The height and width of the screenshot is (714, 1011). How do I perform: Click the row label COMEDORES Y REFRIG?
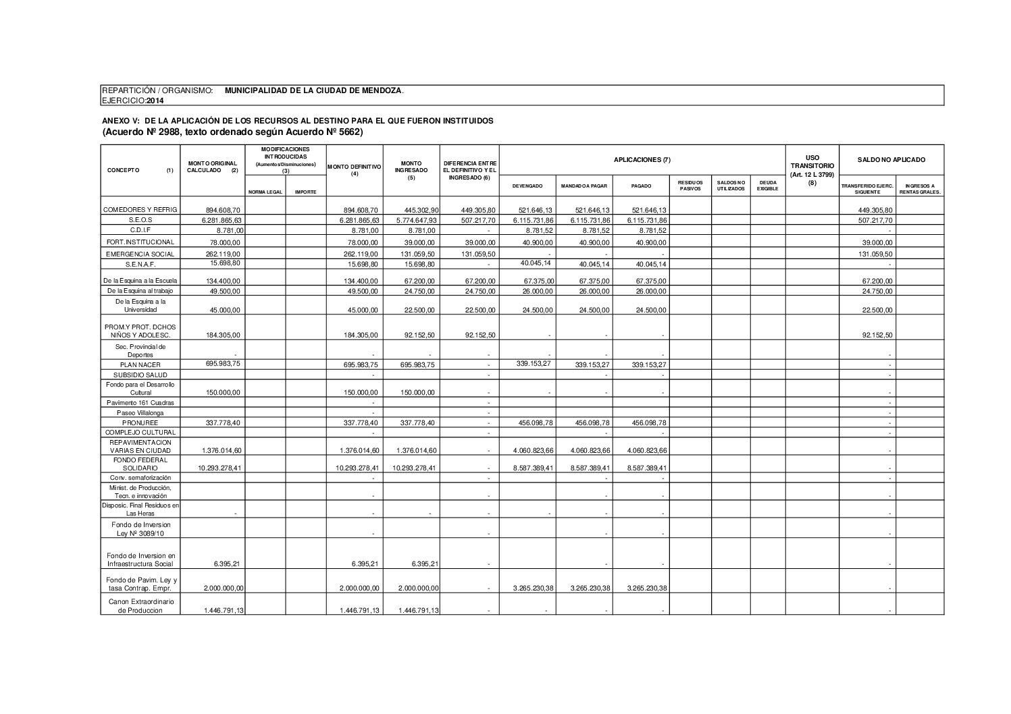tap(140, 209)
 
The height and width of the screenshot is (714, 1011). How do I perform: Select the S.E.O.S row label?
tap(140, 220)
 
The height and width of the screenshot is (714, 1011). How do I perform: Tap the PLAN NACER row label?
tap(140, 364)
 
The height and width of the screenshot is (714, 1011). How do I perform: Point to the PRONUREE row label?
tap(140, 422)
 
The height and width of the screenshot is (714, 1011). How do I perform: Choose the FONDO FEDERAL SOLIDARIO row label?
tap(140, 464)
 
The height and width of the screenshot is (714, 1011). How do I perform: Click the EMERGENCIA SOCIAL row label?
tap(140, 254)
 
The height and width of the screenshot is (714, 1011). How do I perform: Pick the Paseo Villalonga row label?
tap(140, 412)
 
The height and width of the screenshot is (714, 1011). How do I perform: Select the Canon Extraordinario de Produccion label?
tap(140, 606)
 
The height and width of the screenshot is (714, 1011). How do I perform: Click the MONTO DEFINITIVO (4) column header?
tap(355, 169)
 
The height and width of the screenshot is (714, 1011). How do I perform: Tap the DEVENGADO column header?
tap(527, 186)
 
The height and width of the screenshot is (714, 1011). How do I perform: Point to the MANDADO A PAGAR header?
tap(585, 186)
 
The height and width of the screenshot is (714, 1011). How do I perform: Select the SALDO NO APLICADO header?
tap(891, 159)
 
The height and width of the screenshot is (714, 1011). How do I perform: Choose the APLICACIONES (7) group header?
tap(642, 159)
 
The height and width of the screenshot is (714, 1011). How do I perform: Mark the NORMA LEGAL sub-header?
tap(265, 192)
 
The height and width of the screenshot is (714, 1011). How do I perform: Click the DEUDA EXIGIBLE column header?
tap(767, 186)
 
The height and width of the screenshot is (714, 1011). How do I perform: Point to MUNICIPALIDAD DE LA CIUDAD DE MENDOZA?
tap(314, 90)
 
